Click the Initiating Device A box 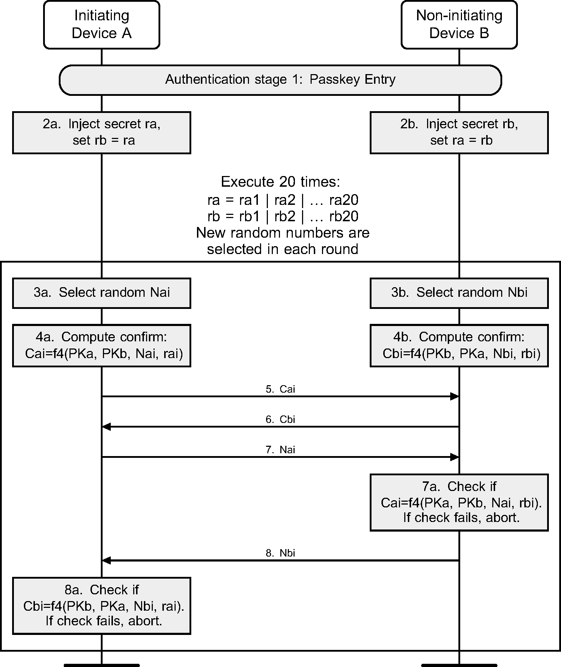pos(102,25)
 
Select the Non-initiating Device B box pos(459,25)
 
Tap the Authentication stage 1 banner pos(280,80)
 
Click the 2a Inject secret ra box pos(102,133)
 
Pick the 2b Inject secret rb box pos(459,133)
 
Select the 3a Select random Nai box pos(102,293)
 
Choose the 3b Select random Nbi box pos(459,293)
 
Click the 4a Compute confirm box pos(102,345)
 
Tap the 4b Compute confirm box pos(459,345)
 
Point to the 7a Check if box pos(459,502)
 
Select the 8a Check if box pos(102,606)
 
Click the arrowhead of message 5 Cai pos(455,396)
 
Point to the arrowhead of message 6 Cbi pos(106,426)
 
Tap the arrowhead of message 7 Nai pos(455,457)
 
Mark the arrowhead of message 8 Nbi pos(106,560)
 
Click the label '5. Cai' pos(280,389)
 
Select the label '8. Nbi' pos(280,553)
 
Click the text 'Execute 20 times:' pos(281,182)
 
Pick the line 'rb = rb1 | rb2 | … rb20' pos(283,216)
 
